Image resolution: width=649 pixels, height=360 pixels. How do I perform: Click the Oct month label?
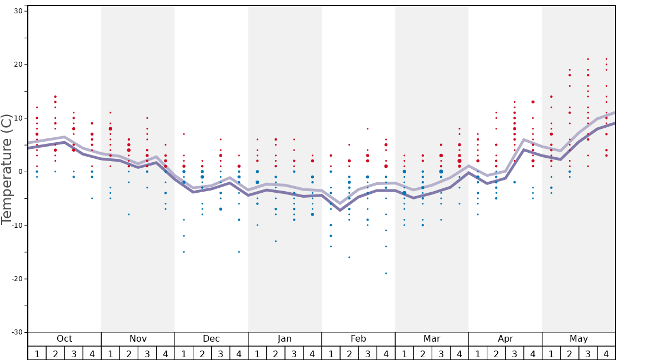[x=64, y=339]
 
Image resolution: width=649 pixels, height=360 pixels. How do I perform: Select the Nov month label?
[x=138, y=339]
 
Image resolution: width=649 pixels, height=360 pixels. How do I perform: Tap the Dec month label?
[x=211, y=339]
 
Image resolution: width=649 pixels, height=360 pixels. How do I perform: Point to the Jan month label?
[x=284, y=339]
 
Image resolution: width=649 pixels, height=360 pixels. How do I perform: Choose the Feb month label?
[x=358, y=339]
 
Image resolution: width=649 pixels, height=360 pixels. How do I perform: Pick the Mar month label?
[x=432, y=339]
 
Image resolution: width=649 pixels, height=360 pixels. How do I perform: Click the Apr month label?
[x=505, y=339]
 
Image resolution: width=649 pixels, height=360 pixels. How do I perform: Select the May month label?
[x=578, y=339]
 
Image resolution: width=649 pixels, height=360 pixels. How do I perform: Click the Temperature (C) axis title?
[x=7, y=169]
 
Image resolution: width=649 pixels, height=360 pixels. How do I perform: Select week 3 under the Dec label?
[x=221, y=353]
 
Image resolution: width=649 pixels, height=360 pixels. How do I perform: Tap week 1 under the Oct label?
[x=37, y=353]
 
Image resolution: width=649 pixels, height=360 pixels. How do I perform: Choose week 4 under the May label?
[x=606, y=353]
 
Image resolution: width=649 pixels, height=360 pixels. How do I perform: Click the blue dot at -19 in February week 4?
[x=386, y=273]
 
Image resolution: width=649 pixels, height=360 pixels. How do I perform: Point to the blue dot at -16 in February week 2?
[x=349, y=257]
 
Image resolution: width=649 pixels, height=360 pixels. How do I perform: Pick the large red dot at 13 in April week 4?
[x=533, y=102]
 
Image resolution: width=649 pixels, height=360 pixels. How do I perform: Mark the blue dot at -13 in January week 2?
[x=276, y=241]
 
